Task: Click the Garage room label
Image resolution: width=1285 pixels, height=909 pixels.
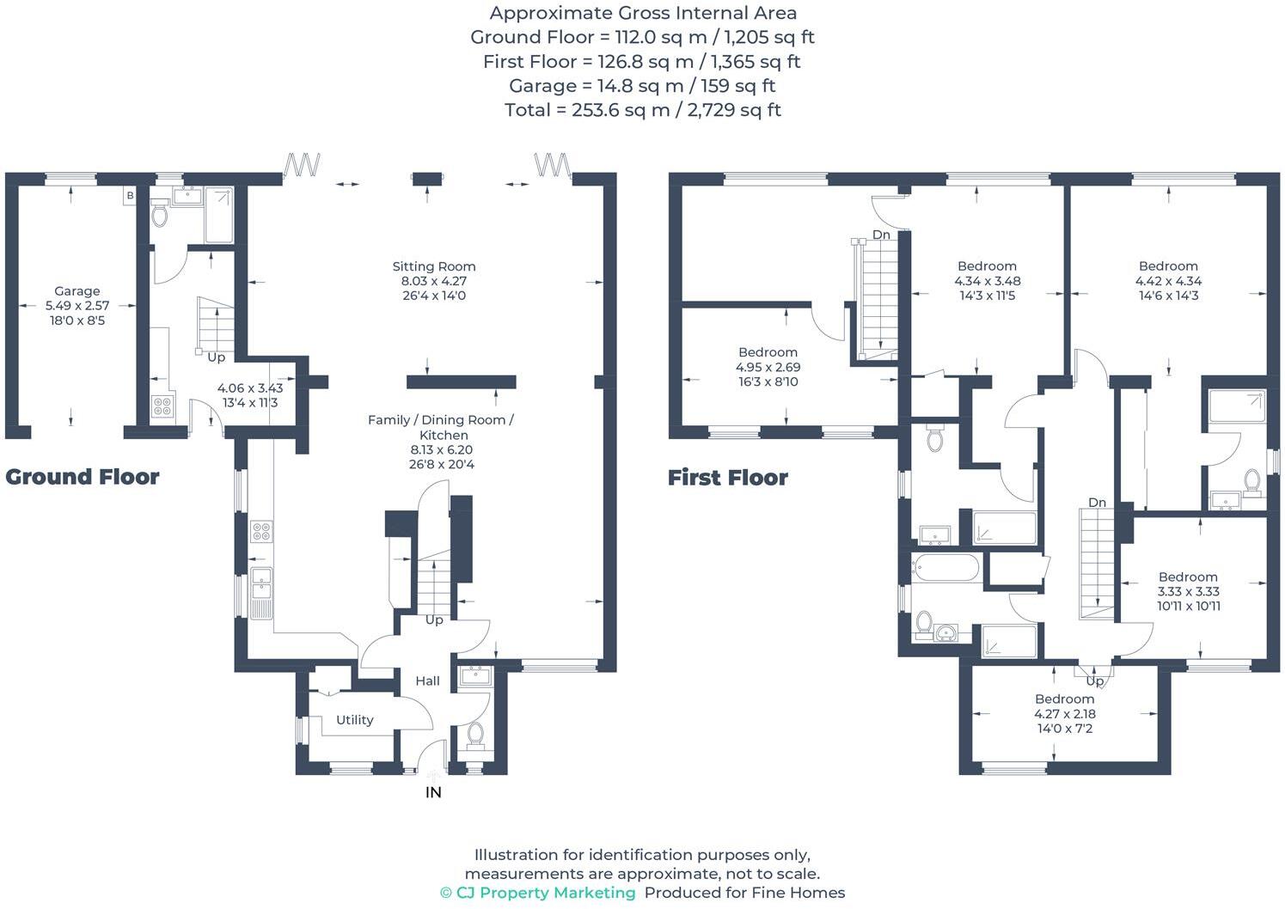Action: tap(76, 291)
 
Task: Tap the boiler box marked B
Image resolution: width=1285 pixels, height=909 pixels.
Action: tap(130, 196)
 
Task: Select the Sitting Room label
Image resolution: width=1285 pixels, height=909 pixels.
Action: tap(433, 266)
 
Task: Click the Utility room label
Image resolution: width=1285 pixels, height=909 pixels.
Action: tap(354, 720)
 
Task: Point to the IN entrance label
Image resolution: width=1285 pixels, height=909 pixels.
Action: tap(433, 792)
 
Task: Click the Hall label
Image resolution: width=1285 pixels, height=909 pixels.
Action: tap(427, 680)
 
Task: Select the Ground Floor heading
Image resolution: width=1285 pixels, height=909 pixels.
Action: tap(83, 477)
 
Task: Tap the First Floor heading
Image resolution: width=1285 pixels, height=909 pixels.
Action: tap(727, 478)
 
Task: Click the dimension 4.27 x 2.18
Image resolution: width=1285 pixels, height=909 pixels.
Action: tap(1064, 714)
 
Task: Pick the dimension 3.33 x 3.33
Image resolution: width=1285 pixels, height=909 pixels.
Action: tap(1188, 591)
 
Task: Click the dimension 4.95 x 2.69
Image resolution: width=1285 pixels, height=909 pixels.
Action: tap(768, 367)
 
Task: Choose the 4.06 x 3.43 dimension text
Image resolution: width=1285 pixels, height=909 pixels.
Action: tap(249, 388)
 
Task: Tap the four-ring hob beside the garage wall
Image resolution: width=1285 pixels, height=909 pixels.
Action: tap(162, 406)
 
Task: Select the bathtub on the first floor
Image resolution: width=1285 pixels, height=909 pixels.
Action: tap(945, 567)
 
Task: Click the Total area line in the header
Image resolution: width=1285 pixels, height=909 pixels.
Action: tap(642, 110)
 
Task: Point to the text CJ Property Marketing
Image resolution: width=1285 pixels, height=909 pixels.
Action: tap(545, 893)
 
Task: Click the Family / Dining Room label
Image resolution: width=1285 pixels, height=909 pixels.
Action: tap(440, 420)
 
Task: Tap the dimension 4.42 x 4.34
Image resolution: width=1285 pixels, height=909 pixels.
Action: tap(1168, 281)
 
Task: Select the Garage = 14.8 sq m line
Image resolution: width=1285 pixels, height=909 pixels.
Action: tap(642, 86)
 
